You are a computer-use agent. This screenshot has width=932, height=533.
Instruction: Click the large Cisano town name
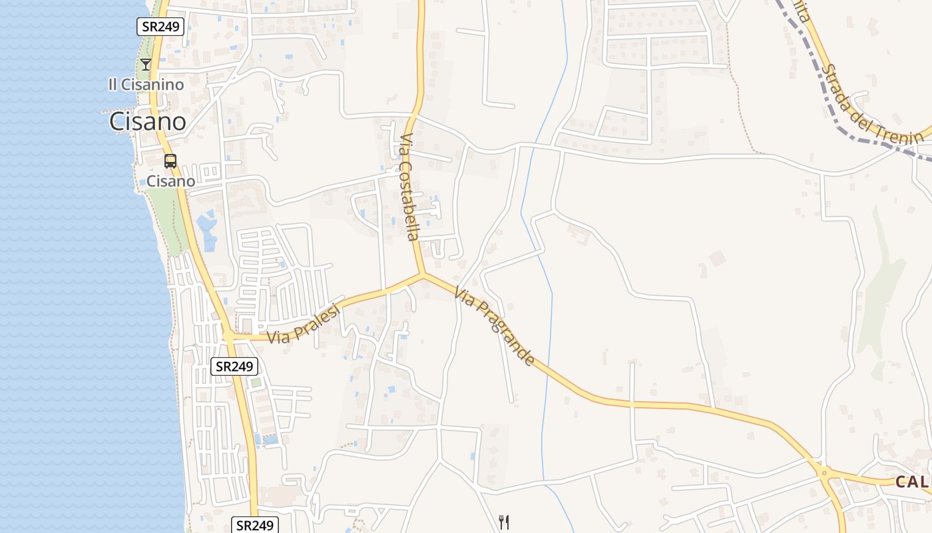(x=147, y=121)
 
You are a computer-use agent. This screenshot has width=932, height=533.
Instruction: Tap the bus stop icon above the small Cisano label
(x=170, y=161)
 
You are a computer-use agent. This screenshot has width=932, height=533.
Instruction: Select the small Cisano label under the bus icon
(x=170, y=181)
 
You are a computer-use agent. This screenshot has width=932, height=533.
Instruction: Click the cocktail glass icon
(x=146, y=65)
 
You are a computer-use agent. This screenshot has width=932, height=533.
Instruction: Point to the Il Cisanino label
(x=146, y=85)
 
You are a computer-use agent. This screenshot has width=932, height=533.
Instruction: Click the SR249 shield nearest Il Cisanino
(x=160, y=27)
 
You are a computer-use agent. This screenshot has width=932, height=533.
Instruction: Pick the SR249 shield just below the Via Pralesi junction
(x=234, y=366)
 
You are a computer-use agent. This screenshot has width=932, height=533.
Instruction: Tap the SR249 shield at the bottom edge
(x=255, y=525)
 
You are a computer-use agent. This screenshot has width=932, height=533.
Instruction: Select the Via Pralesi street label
(x=304, y=324)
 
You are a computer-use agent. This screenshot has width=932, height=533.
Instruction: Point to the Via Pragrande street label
(x=495, y=326)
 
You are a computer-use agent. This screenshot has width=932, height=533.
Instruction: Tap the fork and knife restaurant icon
(x=504, y=522)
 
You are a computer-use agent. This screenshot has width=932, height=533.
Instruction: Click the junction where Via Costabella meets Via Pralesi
(x=421, y=274)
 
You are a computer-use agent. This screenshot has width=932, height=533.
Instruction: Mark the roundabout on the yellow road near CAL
(x=824, y=474)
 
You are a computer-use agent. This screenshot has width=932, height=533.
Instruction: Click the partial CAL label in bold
(x=913, y=482)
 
